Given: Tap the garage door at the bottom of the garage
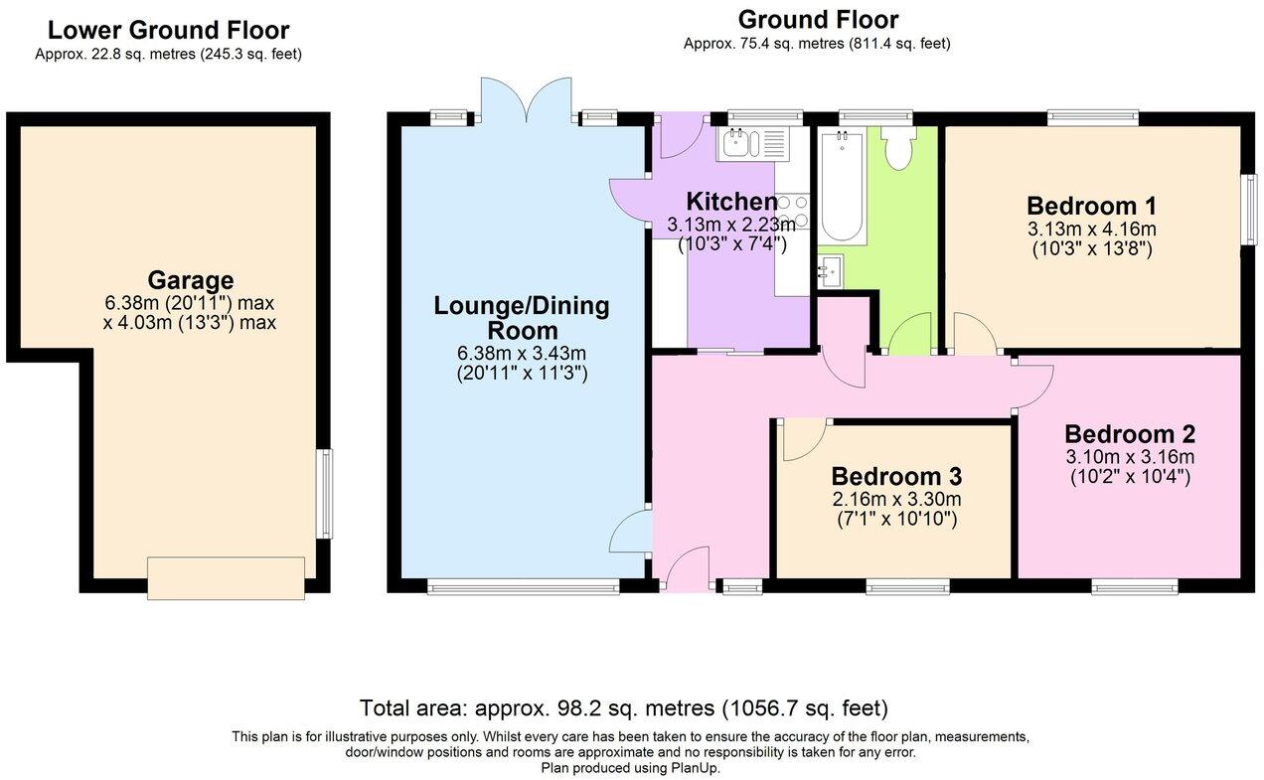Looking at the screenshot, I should pos(226,578).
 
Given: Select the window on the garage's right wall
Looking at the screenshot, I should pos(325,494).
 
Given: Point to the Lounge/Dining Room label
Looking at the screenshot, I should pos(521,318).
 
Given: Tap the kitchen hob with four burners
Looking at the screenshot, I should pos(792,212).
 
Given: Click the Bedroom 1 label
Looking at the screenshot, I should pos(1091,206).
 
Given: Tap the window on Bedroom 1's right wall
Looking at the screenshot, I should pos(1247,209).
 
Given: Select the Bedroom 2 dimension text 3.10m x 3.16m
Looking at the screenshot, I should pos(1129,457).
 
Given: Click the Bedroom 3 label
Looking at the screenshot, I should pos(896,476).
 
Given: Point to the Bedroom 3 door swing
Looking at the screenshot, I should pos(803,439).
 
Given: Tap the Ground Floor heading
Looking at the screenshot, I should pos(817,20).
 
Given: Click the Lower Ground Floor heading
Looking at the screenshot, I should pos(168,31).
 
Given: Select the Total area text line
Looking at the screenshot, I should pos(623,708).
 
